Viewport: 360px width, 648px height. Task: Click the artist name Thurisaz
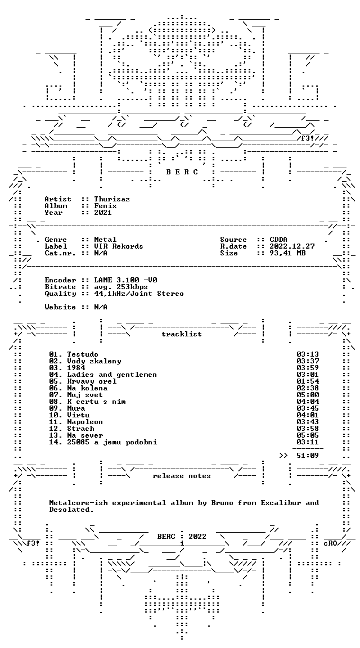click(112, 199)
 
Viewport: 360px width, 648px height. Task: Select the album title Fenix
click(105, 206)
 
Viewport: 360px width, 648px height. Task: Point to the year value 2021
click(103, 213)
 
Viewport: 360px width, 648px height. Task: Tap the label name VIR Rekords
click(119, 246)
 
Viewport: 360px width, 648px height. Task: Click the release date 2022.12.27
click(292, 246)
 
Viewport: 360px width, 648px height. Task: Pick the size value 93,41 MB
click(287, 253)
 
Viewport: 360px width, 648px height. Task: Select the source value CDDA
click(278, 240)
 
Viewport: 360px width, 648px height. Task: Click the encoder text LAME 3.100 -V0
click(125, 280)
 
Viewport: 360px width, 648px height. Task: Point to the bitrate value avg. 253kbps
click(121, 287)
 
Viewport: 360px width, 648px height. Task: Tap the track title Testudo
click(83, 354)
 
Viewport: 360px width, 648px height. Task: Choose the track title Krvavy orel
click(92, 381)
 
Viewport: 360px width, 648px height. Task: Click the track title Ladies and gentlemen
click(112, 375)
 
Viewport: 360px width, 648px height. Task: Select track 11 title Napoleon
click(85, 421)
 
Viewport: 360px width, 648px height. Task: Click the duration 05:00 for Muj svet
click(308, 395)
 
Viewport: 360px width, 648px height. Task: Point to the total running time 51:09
click(308, 456)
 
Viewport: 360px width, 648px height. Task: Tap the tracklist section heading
click(182, 334)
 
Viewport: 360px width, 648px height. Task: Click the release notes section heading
click(182, 476)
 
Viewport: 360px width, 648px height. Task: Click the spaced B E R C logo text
click(182, 172)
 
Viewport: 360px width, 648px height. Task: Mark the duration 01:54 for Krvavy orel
click(308, 381)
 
